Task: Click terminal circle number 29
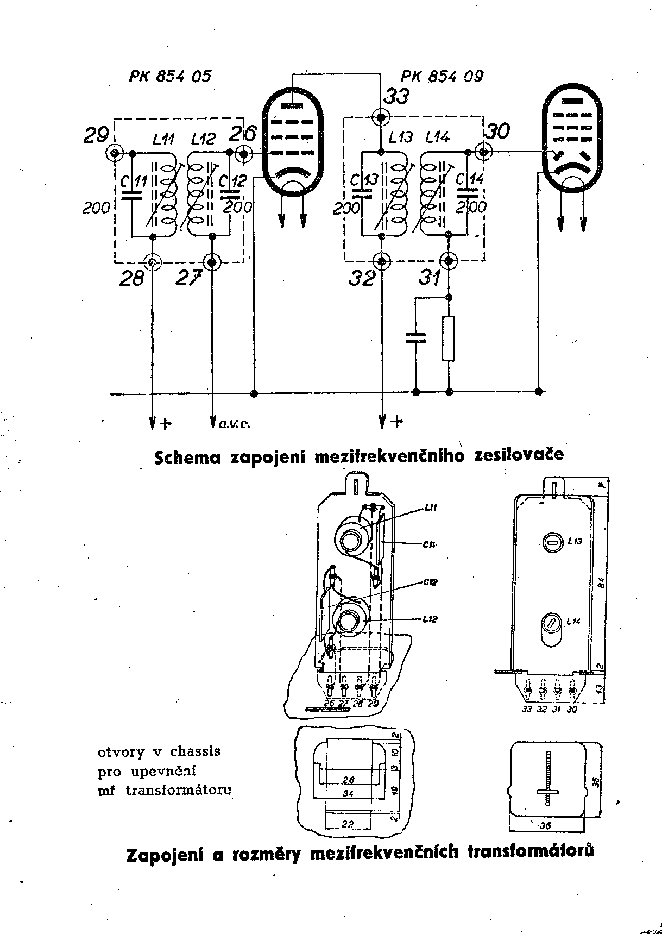pyautogui.click(x=115, y=154)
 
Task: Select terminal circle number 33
pyautogui.click(x=382, y=116)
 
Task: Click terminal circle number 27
pyautogui.click(x=212, y=262)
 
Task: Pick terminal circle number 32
pyautogui.click(x=383, y=261)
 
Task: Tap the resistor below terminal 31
pyautogui.click(x=449, y=339)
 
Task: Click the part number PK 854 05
pyautogui.click(x=170, y=77)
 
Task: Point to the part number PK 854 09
pyautogui.click(x=442, y=77)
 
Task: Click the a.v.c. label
pyautogui.click(x=234, y=424)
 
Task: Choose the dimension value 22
pyautogui.click(x=349, y=824)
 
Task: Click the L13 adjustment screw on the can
pyautogui.click(x=551, y=542)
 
